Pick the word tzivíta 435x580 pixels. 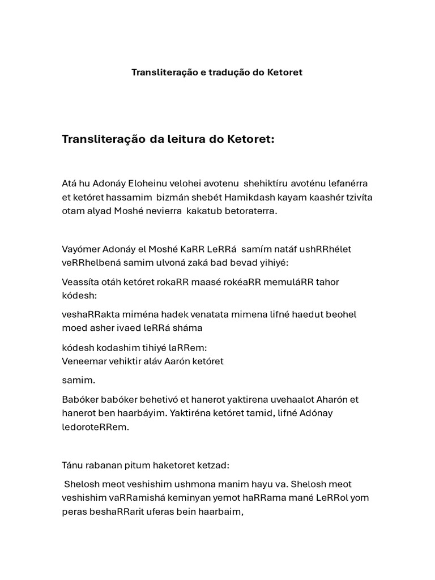point(355,197)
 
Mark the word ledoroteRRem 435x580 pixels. point(95,427)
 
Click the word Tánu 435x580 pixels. point(73,465)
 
